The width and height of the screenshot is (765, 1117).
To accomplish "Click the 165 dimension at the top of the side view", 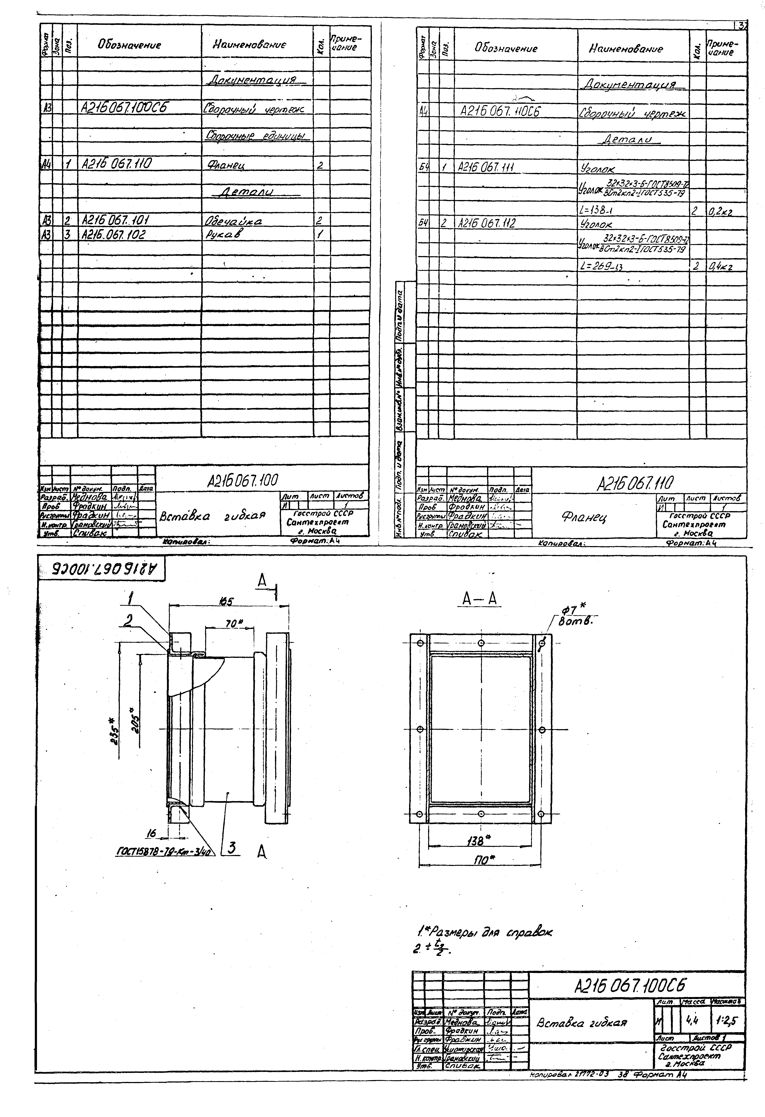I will (x=226, y=601).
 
